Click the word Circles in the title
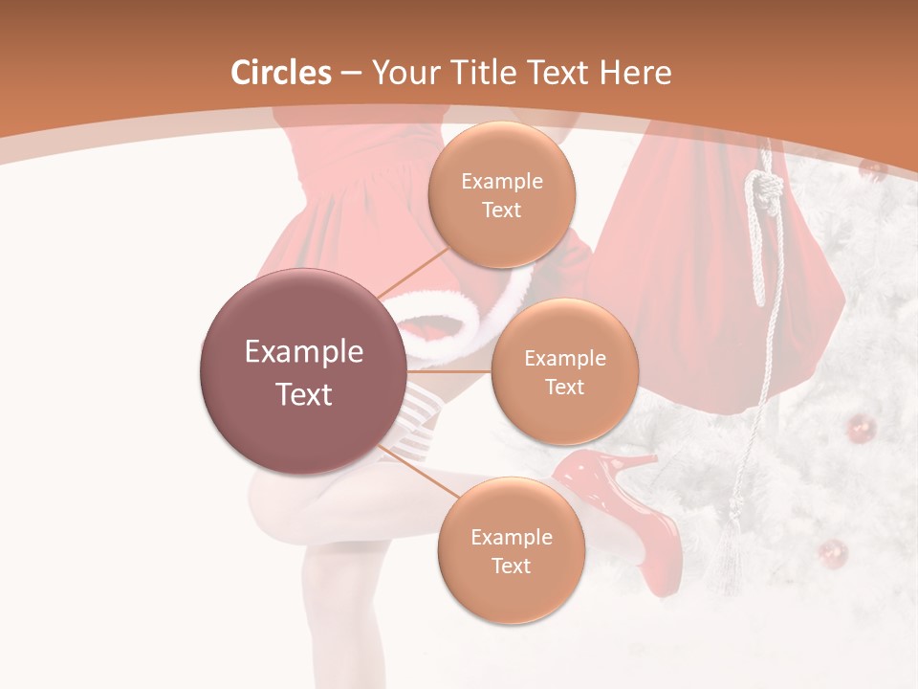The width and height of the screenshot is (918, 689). coord(280,73)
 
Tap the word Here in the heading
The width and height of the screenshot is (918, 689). coord(635,73)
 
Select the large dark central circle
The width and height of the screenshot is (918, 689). coord(304,372)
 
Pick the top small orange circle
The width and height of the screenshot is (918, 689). coord(501,194)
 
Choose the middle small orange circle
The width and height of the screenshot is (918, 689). coord(564,371)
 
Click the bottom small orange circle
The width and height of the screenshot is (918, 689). coord(511,550)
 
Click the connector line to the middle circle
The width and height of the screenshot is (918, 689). coord(449,371)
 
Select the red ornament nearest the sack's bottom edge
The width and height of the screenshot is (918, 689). coord(858,428)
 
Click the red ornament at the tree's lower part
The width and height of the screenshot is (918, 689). coord(833,553)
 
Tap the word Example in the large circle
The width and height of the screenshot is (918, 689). coord(304,352)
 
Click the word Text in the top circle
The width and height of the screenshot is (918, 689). coord(501,211)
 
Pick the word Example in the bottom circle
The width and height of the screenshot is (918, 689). coord(511,537)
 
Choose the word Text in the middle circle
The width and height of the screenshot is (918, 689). coord(564,387)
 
